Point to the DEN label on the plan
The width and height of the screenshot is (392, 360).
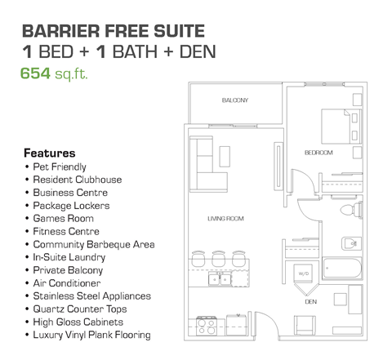310,300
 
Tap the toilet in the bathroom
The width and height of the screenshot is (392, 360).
345,211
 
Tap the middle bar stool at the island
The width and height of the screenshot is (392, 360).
218,256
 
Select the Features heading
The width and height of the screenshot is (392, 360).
50,153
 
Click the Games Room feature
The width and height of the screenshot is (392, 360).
63,219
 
